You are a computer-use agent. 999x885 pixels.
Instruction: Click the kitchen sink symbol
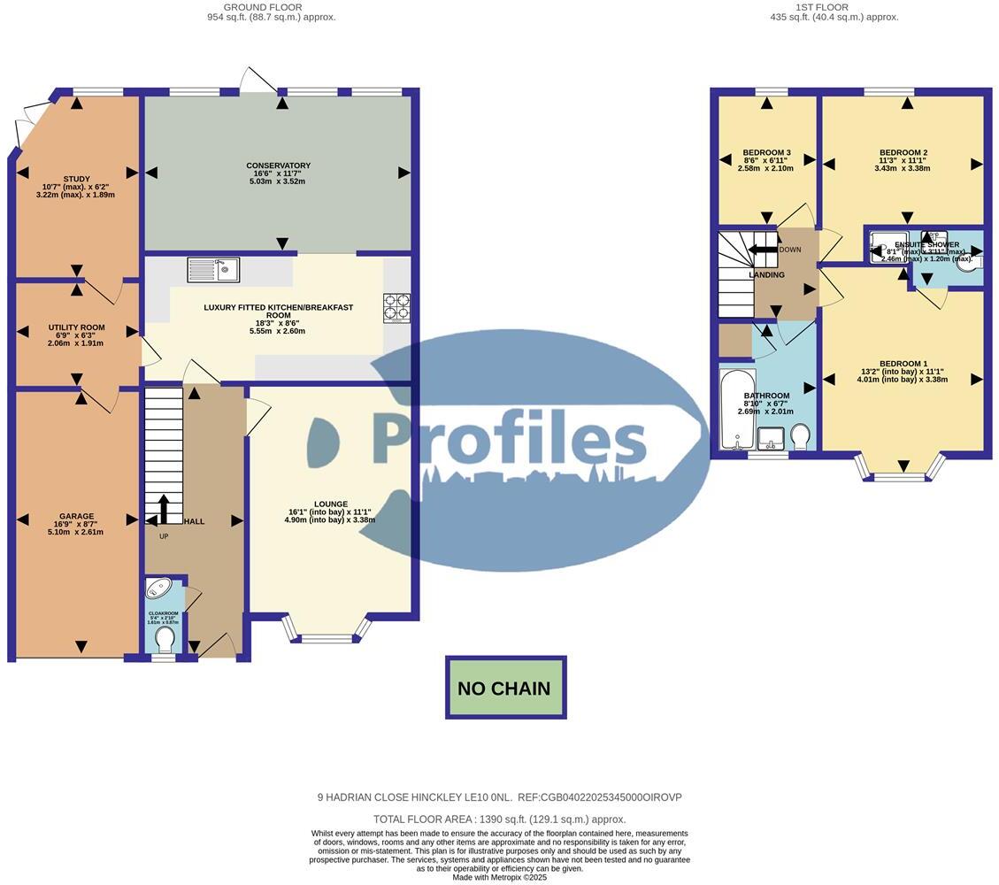213,269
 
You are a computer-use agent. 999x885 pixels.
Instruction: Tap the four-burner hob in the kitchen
396,306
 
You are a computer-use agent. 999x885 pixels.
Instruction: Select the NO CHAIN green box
505,688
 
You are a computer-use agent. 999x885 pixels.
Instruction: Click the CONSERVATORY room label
278,165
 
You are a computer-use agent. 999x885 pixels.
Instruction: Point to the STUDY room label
76,179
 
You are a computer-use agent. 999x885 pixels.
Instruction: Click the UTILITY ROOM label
76,327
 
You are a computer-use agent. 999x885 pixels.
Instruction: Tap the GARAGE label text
76,516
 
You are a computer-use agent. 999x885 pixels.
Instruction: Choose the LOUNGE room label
329,504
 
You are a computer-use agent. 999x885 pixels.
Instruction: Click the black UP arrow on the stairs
164,511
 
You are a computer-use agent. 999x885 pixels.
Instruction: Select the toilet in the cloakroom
164,646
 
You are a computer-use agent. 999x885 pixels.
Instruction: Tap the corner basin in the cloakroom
158,589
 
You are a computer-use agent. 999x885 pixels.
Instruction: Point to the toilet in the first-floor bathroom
800,436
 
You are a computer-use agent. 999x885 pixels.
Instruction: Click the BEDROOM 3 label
766,152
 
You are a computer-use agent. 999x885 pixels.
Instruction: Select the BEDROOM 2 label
903,152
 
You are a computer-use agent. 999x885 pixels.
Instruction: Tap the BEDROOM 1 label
903,364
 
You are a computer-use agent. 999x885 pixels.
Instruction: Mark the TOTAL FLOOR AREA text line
499,820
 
